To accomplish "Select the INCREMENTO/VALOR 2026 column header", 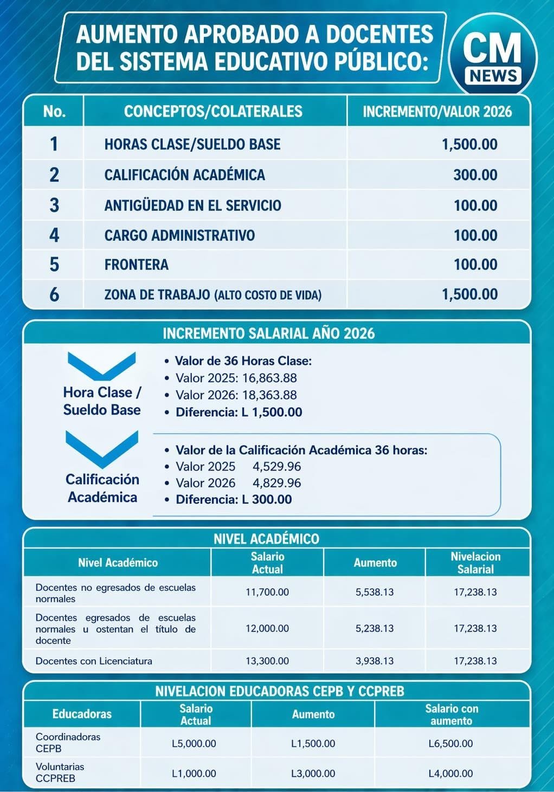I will click(x=437, y=112).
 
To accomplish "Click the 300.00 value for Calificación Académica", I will click(x=475, y=175).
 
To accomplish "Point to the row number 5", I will click(x=54, y=265).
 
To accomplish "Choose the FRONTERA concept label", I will click(x=137, y=265).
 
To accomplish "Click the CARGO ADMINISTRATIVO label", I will click(x=179, y=235).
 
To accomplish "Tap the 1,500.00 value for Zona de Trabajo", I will click(x=469, y=294).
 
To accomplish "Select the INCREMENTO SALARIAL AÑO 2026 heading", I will click(x=268, y=333).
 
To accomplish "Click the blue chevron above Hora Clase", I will click(x=101, y=366).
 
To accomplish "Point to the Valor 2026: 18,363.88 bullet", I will click(x=236, y=395).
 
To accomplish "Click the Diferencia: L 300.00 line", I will click(x=234, y=499).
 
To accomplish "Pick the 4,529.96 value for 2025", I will click(x=276, y=467).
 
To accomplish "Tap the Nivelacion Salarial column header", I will click(x=475, y=563).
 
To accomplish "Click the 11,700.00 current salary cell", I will click(x=267, y=592).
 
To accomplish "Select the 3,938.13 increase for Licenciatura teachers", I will click(x=375, y=661).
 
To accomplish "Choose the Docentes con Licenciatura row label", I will click(x=94, y=661).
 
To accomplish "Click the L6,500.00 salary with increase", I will click(x=450, y=743).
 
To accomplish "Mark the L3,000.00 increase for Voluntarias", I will click(x=313, y=774).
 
